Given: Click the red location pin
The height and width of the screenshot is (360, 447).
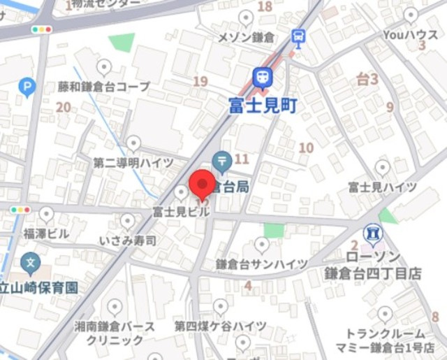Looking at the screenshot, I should [x=202, y=185].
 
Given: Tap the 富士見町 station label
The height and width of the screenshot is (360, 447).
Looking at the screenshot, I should [x=263, y=106].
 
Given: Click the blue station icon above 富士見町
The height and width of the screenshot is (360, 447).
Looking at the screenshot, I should [x=263, y=78].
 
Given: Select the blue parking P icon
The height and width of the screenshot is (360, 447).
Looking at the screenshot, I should [x=27, y=87].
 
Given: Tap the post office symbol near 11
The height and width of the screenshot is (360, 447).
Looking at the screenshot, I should [x=223, y=161].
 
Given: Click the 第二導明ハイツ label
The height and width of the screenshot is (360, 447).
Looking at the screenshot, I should [x=133, y=162].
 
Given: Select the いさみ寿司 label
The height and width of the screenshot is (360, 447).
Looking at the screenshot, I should [x=127, y=240].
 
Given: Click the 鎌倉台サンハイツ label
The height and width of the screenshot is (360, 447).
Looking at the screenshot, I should [x=261, y=264].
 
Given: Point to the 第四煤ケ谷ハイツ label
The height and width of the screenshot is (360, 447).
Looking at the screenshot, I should [x=220, y=326].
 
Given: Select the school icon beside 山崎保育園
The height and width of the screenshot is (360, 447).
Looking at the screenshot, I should [x=31, y=264].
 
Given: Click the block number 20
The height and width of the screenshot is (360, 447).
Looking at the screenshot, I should [x=64, y=107].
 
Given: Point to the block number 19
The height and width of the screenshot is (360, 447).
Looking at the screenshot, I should [x=200, y=82].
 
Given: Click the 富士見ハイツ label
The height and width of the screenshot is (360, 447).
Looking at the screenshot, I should [x=382, y=187].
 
